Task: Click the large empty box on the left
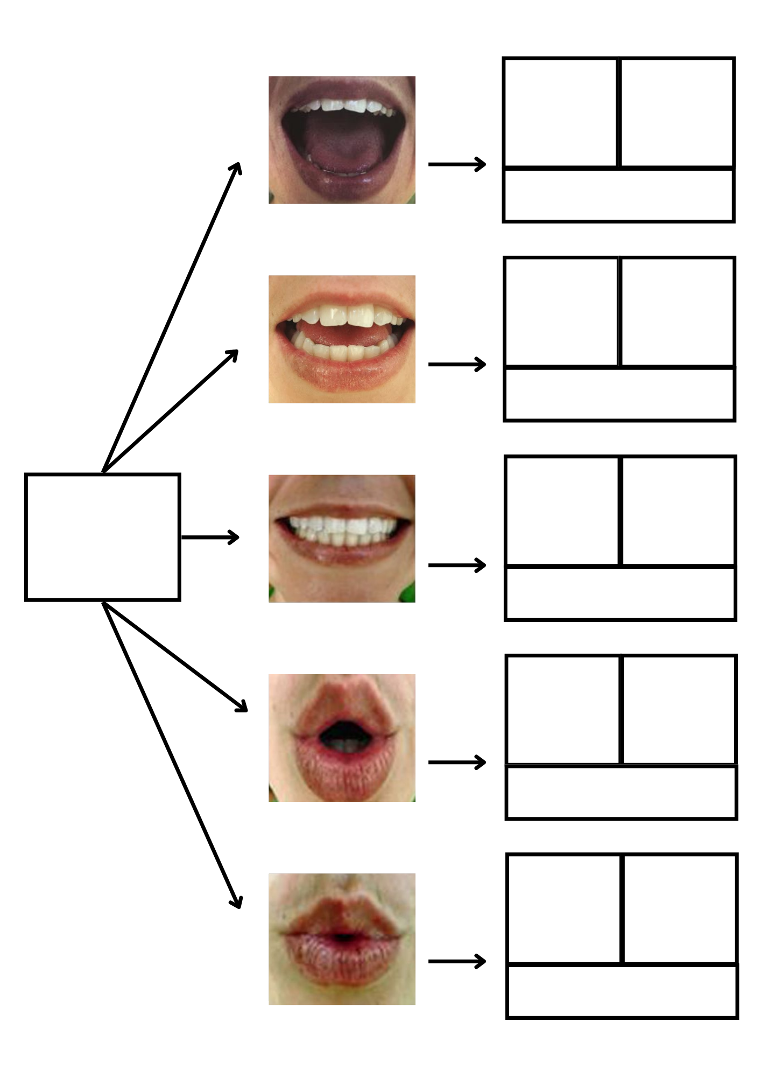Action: coord(102,537)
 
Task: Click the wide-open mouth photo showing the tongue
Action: coord(342,140)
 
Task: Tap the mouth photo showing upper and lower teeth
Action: coord(342,339)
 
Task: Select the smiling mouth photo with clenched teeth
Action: coord(342,538)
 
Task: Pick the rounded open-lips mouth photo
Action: coord(342,738)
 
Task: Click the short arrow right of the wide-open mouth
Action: coord(457,164)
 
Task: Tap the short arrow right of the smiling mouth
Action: coord(457,565)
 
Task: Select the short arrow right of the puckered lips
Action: coord(457,961)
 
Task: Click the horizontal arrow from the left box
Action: coord(210,537)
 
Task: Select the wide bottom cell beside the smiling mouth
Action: coord(621,593)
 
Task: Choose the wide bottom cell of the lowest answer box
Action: coord(622,991)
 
